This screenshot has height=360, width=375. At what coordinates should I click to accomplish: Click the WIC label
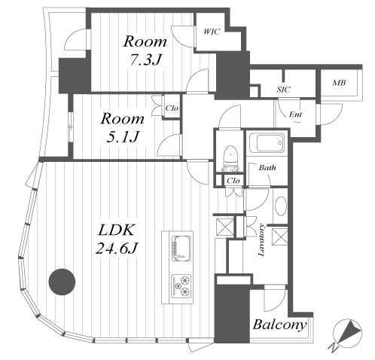click(212, 32)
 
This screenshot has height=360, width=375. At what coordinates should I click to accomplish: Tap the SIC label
click(284, 90)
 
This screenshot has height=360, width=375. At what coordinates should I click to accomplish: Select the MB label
click(339, 83)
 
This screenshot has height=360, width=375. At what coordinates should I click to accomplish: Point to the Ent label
click(295, 114)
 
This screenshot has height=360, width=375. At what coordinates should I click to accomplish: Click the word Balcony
click(279, 325)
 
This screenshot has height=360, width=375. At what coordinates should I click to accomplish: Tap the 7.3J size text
click(145, 60)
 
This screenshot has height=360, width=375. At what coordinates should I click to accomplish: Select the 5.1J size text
click(122, 137)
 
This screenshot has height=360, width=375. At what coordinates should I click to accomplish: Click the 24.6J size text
click(116, 249)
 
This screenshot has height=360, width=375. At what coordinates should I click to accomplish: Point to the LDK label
click(116, 230)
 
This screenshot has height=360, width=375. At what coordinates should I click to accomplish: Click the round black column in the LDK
click(62, 282)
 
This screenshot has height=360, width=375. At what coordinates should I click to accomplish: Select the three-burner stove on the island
click(181, 285)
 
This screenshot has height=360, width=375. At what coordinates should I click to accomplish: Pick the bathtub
click(267, 142)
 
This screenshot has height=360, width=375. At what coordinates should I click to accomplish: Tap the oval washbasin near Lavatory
click(280, 206)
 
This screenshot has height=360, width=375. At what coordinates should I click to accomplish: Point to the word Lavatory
click(261, 240)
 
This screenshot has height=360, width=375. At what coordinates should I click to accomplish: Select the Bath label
click(267, 167)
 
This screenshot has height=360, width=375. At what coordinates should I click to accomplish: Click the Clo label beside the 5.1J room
click(172, 108)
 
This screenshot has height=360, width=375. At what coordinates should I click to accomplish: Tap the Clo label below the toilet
click(233, 181)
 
